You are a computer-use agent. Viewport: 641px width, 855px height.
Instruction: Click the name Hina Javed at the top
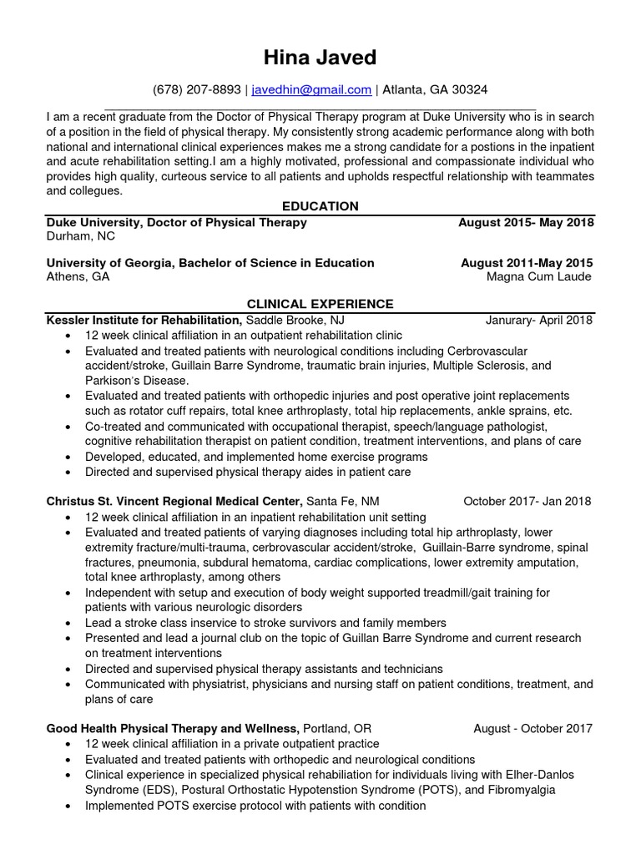click(320, 57)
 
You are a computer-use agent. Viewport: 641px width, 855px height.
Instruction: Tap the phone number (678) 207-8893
click(197, 89)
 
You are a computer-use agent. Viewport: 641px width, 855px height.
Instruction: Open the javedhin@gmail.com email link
click(311, 89)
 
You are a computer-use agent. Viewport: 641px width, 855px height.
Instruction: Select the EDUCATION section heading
click(320, 206)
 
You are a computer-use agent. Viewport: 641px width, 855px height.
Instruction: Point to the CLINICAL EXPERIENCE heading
click(320, 304)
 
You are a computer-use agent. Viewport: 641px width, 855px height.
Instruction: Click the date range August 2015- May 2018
click(526, 223)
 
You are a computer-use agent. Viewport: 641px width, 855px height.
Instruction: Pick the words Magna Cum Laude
click(538, 276)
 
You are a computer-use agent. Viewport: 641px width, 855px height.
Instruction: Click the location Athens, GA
click(77, 276)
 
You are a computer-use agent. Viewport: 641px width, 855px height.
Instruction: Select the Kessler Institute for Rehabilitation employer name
click(144, 320)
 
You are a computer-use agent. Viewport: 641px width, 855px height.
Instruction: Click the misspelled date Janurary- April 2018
click(538, 320)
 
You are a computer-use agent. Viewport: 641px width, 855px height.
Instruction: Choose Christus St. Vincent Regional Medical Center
click(174, 501)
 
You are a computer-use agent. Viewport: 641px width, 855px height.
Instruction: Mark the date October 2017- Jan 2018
click(527, 501)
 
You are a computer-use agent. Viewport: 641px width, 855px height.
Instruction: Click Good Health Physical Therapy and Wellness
click(172, 728)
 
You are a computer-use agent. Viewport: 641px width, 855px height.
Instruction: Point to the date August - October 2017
click(532, 728)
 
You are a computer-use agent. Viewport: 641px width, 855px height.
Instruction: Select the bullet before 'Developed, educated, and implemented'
click(67, 457)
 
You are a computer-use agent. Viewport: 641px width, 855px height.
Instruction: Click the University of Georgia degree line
click(210, 263)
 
